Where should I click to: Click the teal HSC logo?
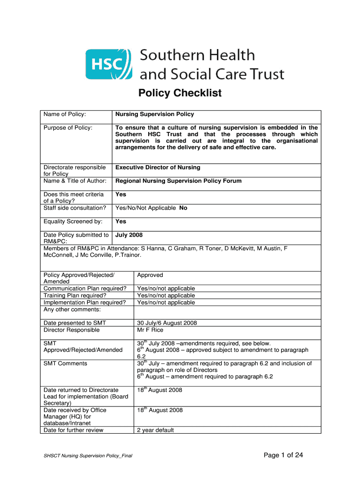[x=106, y=64]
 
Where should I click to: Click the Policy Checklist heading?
[x=180, y=94]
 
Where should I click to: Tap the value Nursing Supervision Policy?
[x=154, y=114]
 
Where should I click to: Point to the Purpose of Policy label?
[x=68, y=128]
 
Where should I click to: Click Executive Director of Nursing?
[x=158, y=167]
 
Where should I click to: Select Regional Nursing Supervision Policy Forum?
[x=178, y=181]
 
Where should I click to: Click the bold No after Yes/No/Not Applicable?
[x=183, y=208]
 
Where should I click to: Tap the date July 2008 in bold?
[x=129, y=235]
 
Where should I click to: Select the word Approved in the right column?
[x=150, y=276]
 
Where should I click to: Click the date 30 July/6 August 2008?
[x=167, y=323]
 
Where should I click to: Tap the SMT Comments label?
[x=65, y=363]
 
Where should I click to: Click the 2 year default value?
[x=155, y=430]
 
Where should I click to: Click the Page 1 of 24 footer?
[x=283, y=455]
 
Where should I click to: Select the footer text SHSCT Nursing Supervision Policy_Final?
[x=87, y=456]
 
